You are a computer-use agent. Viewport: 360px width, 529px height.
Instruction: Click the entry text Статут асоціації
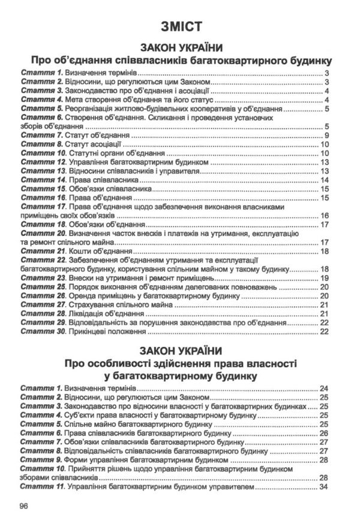click(95, 145)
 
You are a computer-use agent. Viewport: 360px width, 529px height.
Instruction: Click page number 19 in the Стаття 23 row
click(325, 278)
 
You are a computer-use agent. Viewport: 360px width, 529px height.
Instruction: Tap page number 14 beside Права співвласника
click(325, 180)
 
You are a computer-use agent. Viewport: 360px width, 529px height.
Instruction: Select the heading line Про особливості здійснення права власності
click(179, 364)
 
